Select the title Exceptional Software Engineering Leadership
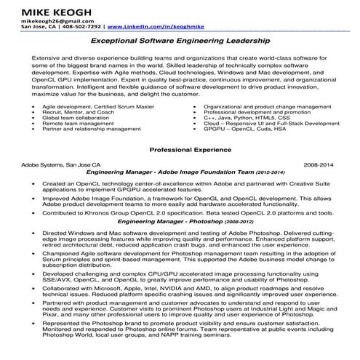point(180,43)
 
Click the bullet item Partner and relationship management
point(92,129)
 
